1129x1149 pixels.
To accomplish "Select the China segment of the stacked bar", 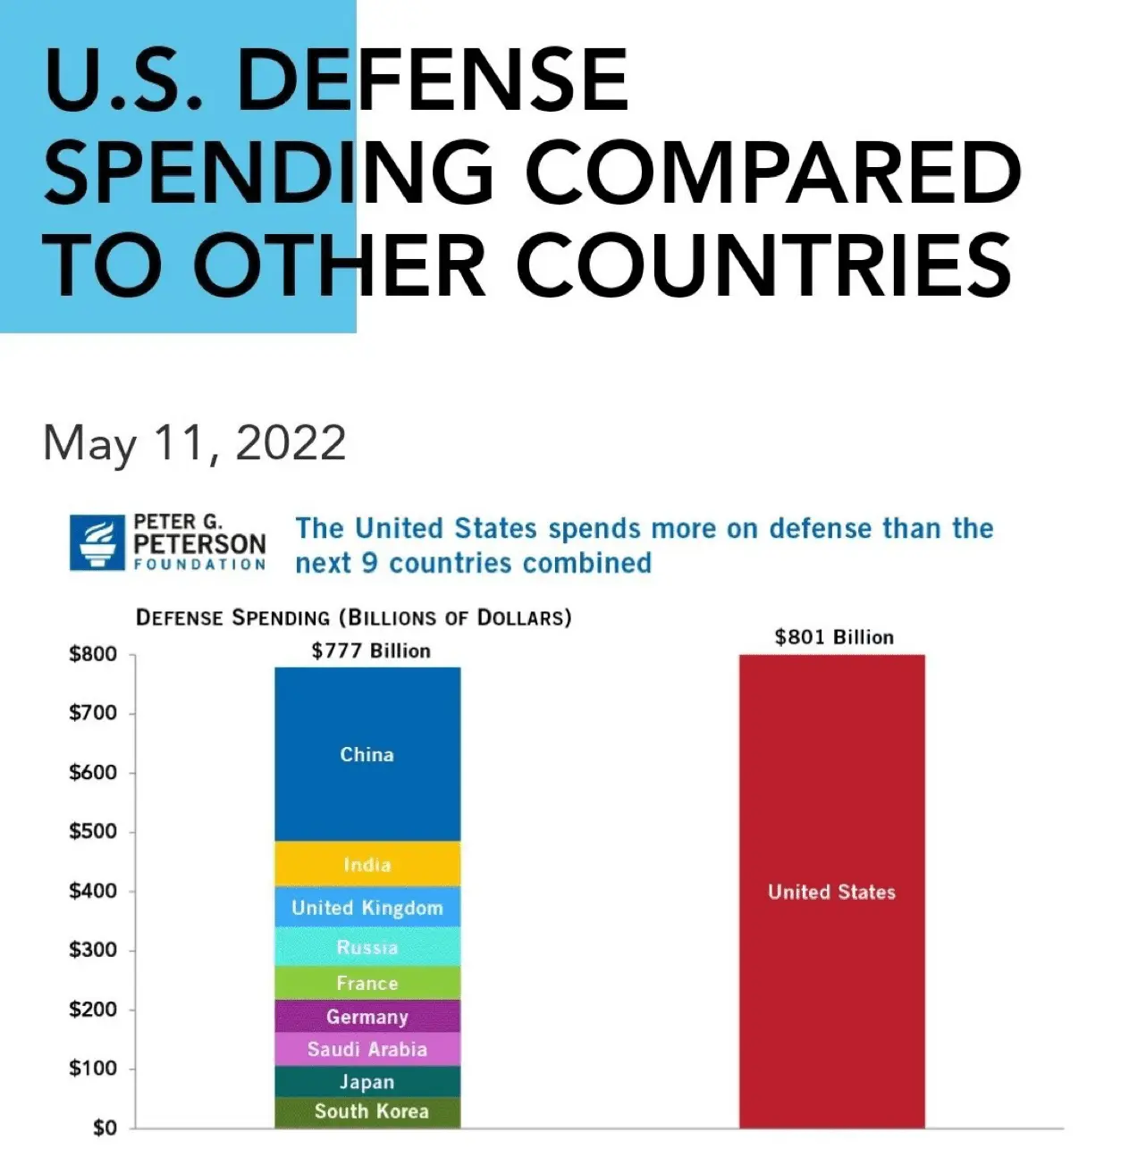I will pos(367,754).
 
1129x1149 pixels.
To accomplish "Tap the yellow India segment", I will pos(367,864).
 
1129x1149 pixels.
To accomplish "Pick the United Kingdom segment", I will pos(367,907).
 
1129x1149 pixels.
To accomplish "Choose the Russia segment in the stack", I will pos(367,946).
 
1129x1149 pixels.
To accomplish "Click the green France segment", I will pos(367,983).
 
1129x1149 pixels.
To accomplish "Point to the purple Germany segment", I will pos(367,1017).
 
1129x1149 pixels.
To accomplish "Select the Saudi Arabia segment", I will pos(367,1049).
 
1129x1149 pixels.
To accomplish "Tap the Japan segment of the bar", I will pos(367,1082).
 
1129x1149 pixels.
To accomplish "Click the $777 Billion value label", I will pos(371,650).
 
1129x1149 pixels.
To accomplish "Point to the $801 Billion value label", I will pos(833,637).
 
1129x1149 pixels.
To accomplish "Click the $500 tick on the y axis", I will pos(93,831).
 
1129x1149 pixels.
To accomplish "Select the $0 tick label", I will pos(105,1128).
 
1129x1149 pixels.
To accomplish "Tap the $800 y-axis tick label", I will pos(93,654).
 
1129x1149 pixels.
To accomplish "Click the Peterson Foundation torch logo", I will pos(97,542).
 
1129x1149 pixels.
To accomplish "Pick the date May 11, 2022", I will pos(194,443).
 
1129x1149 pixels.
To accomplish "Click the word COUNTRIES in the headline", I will pos(764,265).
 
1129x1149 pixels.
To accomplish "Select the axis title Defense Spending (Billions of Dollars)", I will pos(353,617).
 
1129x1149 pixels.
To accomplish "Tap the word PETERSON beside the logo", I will pos(199,543).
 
